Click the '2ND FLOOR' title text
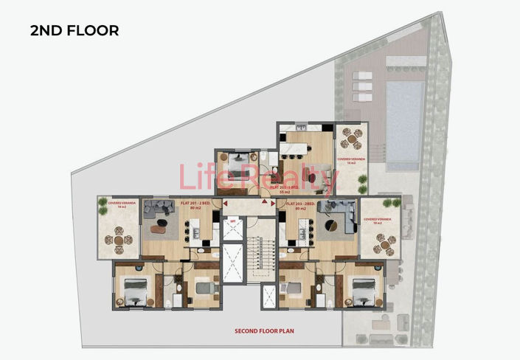(74, 31)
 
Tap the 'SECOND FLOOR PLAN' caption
(264, 331)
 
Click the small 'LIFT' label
(232, 221)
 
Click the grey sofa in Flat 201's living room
(158, 209)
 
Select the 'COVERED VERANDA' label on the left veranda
(119, 204)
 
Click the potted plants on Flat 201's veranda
(103, 204)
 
